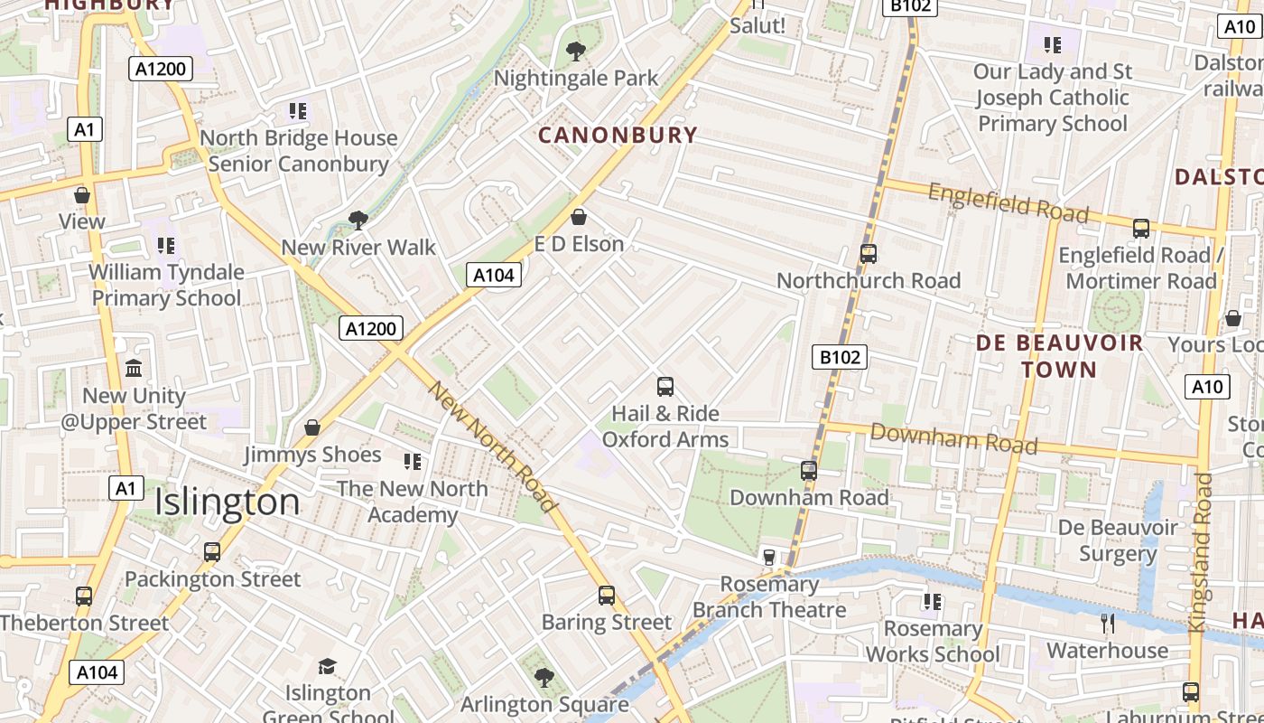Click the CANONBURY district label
tap(618, 136)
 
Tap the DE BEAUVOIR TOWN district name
tap(1059, 356)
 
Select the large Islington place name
tap(227, 502)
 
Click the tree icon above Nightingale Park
tap(575, 52)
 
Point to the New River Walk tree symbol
tap(358, 220)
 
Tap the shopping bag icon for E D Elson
tap(579, 217)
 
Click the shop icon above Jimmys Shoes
tap(312, 427)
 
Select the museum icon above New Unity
tap(135, 369)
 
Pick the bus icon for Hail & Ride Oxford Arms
tap(665, 387)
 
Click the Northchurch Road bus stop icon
tap(869, 254)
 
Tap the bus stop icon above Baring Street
tap(607, 596)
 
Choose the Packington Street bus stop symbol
tap(212, 551)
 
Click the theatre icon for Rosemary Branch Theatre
tap(769, 557)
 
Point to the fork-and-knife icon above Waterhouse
tap(1108, 623)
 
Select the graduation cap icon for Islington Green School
tap(327, 667)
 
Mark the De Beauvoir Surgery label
tap(1118, 540)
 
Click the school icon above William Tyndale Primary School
tap(166, 245)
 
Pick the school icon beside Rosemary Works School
tap(933, 601)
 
